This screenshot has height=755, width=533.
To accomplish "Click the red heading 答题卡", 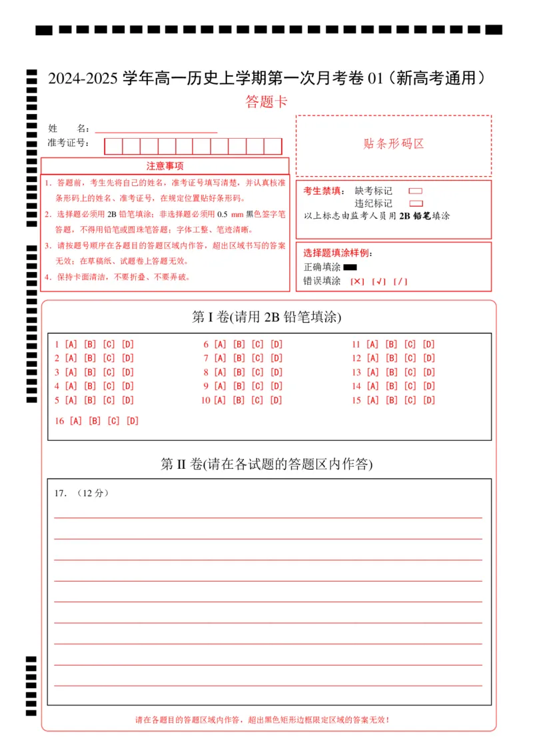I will click(266, 102).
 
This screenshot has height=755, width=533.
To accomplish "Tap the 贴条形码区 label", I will click(394, 144).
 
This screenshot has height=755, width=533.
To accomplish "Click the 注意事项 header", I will click(165, 166).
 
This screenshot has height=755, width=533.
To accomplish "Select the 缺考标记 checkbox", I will click(416, 191).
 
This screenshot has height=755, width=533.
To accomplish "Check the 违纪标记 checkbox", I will click(416, 203).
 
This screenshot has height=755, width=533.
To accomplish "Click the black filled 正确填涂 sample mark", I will click(350, 267).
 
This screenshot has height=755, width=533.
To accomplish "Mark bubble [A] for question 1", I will click(71, 345).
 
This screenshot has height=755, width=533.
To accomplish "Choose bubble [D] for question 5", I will click(127, 400).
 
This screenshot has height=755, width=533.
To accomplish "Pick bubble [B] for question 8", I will click(239, 373).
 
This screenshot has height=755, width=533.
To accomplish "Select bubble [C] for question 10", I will click(257, 400).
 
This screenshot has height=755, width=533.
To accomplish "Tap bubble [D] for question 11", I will click(428, 345).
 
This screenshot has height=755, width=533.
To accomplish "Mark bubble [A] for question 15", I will click(372, 400).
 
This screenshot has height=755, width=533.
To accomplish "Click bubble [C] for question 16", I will click(113, 421).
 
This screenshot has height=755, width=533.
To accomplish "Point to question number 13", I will click(356, 373).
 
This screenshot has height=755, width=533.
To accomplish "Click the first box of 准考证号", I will click(113, 146).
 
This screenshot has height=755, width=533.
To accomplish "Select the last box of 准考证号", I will click(273, 146).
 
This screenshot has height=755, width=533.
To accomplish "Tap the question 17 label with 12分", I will click(81, 494).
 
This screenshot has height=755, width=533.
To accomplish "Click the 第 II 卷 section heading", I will click(266, 464).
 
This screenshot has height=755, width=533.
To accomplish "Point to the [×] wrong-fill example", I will click(357, 281).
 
